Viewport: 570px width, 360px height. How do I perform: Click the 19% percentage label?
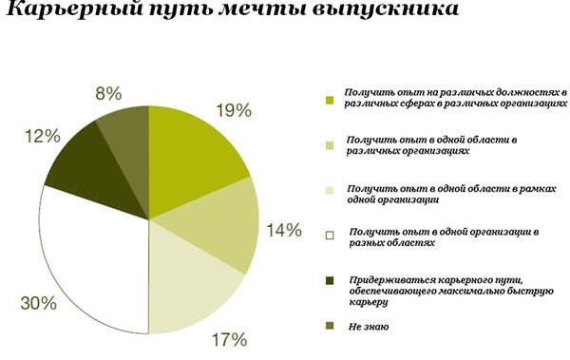tap(234, 110)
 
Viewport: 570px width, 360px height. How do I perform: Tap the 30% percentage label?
tap(39, 303)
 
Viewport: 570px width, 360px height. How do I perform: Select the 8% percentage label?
tap(108, 93)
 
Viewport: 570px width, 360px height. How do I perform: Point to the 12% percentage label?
tap(43, 137)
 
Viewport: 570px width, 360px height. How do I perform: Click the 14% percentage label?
tap(284, 230)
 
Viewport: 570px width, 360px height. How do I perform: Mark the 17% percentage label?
tap(229, 340)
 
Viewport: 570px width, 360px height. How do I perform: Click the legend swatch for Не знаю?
tap(330, 326)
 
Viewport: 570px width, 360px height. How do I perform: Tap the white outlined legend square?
tap(330, 236)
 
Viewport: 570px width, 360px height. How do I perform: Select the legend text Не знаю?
tap(369, 327)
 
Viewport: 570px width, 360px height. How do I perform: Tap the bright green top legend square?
tap(330, 100)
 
